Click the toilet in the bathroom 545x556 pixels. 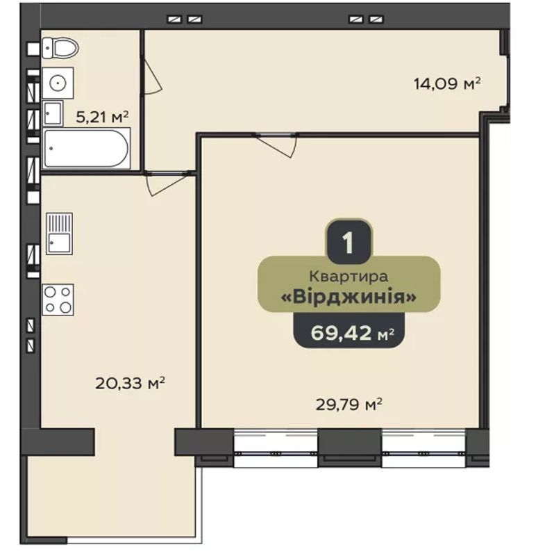60,47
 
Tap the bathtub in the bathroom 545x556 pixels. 86,148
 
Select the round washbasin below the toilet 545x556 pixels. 58,83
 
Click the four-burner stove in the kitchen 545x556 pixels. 58,300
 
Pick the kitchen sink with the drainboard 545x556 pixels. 59,234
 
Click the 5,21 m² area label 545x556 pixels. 102,117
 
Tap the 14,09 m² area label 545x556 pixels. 447,84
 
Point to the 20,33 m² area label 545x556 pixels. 131,383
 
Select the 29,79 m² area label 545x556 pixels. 349,404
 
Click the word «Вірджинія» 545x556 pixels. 349,297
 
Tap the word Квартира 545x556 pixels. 349,276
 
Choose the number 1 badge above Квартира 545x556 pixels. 349,242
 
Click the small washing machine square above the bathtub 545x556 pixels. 52,113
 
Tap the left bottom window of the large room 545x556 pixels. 276,448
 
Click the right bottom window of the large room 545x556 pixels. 424,448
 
